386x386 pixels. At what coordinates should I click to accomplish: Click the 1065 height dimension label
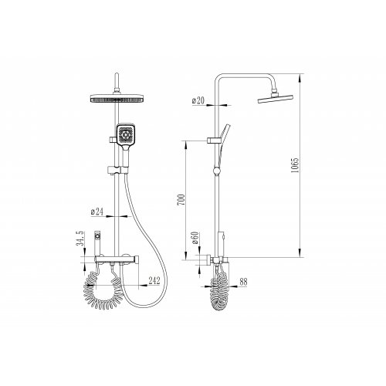pyautogui.click(x=295, y=165)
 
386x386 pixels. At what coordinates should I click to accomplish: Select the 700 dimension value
pyautogui.click(x=181, y=199)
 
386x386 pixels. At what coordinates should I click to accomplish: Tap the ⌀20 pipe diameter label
pyautogui.click(x=198, y=100)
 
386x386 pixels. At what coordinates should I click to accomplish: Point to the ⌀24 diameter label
pyautogui.click(x=97, y=212)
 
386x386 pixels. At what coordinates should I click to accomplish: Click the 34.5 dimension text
pyautogui.click(x=80, y=238)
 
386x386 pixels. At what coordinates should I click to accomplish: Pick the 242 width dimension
pyautogui.click(x=154, y=280)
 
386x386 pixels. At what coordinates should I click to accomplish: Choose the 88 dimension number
pyautogui.click(x=243, y=282)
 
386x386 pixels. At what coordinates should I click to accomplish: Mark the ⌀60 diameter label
pyautogui.click(x=195, y=238)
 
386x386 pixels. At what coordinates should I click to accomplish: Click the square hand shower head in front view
pyautogui.click(x=126, y=134)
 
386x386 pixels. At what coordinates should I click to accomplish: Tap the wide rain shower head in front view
pyautogui.click(x=117, y=98)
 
